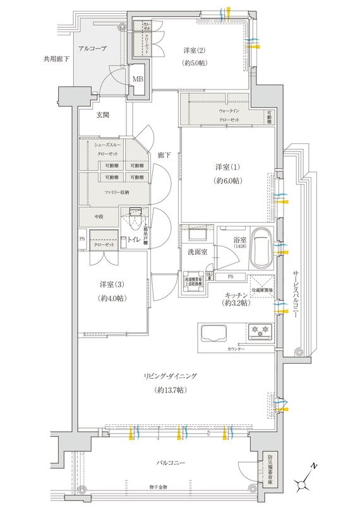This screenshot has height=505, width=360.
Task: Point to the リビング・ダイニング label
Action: (x=171, y=376)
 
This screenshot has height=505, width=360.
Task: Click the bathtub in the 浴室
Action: (x=260, y=247)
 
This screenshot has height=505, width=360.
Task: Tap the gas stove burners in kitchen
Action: (x=261, y=330)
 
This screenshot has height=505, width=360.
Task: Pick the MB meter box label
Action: (x=138, y=80)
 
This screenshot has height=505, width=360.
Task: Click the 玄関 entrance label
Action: (x=103, y=115)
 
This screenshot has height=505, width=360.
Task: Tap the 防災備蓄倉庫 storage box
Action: (x=270, y=468)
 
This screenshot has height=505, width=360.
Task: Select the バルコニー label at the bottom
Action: (x=171, y=463)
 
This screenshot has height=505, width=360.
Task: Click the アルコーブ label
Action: (x=92, y=48)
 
